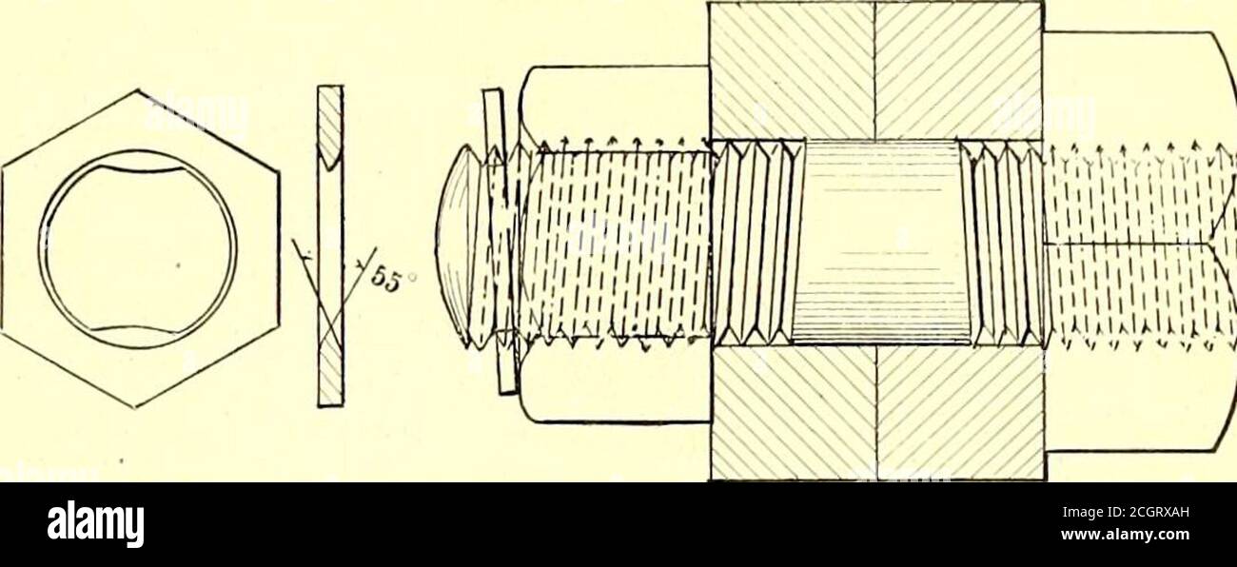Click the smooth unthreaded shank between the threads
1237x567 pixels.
click(x=880, y=242)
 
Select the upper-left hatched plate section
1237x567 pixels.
click(x=792, y=70)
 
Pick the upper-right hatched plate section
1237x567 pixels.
click(x=959, y=70)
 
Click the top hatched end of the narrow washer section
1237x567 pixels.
click(x=330, y=126)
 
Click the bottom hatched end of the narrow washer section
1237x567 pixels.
click(x=330, y=365)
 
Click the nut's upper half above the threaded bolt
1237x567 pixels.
click(x=613, y=108)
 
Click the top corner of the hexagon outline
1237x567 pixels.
click(x=136, y=88)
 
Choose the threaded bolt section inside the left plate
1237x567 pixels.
click(x=752, y=243)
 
